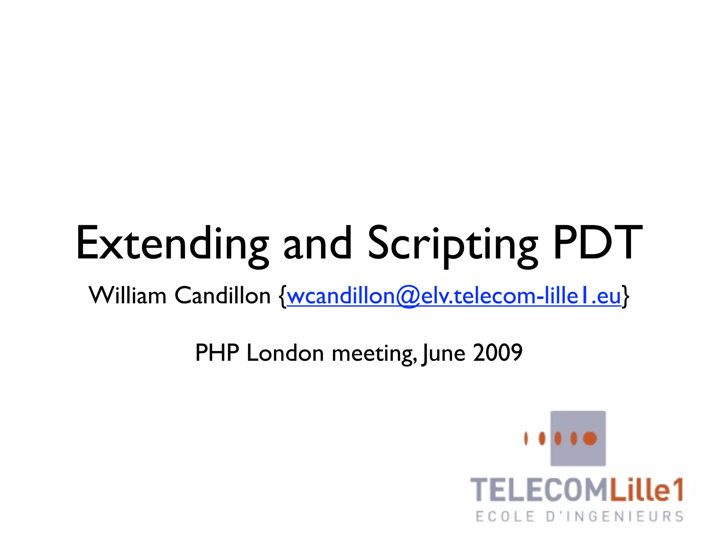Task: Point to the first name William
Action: pyautogui.click(x=127, y=296)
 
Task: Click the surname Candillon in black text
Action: pyautogui.click(x=223, y=296)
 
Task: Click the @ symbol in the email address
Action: pyautogui.click(x=408, y=297)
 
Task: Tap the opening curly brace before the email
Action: pyautogui.click(x=283, y=296)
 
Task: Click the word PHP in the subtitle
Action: pyautogui.click(x=217, y=353)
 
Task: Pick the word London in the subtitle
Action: pyautogui.click(x=285, y=353)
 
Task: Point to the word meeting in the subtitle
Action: pyautogui.click(x=373, y=353)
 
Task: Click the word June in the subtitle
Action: pyautogui.click(x=444, y=353)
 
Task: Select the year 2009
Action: pyautogui.click(x=498, y=353)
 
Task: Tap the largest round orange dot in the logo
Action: pyautogui.click(x=590, y=438)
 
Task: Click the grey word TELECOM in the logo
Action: pyautogui.click(x=538, y=490)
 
